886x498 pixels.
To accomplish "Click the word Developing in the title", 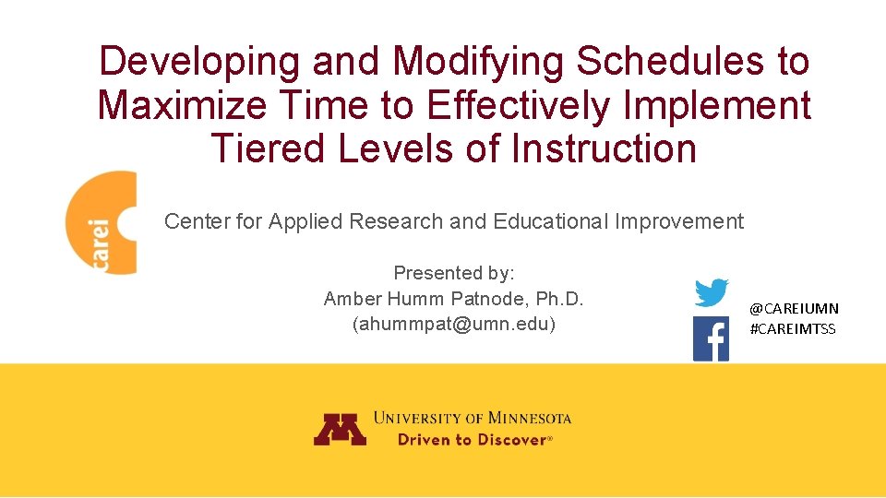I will click(x=199, y=63).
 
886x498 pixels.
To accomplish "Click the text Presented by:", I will click(x=454, y=273).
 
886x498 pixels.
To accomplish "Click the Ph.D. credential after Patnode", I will click(x=560, y=299).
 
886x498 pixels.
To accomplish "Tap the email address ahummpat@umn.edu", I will click(x=454, y=325).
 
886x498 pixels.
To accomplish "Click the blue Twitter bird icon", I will click(x=711, y=292).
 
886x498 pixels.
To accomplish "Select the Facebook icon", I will click(x=711, y=339).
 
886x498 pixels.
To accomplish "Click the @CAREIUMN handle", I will click(x=794, y=309).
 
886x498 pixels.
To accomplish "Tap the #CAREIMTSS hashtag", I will click(x=793, y=329).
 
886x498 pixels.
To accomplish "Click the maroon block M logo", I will click(x=340, y=428).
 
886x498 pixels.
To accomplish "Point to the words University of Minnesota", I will click(x=473, y=418).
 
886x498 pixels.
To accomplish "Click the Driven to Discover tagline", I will click(x=473, y=440).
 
